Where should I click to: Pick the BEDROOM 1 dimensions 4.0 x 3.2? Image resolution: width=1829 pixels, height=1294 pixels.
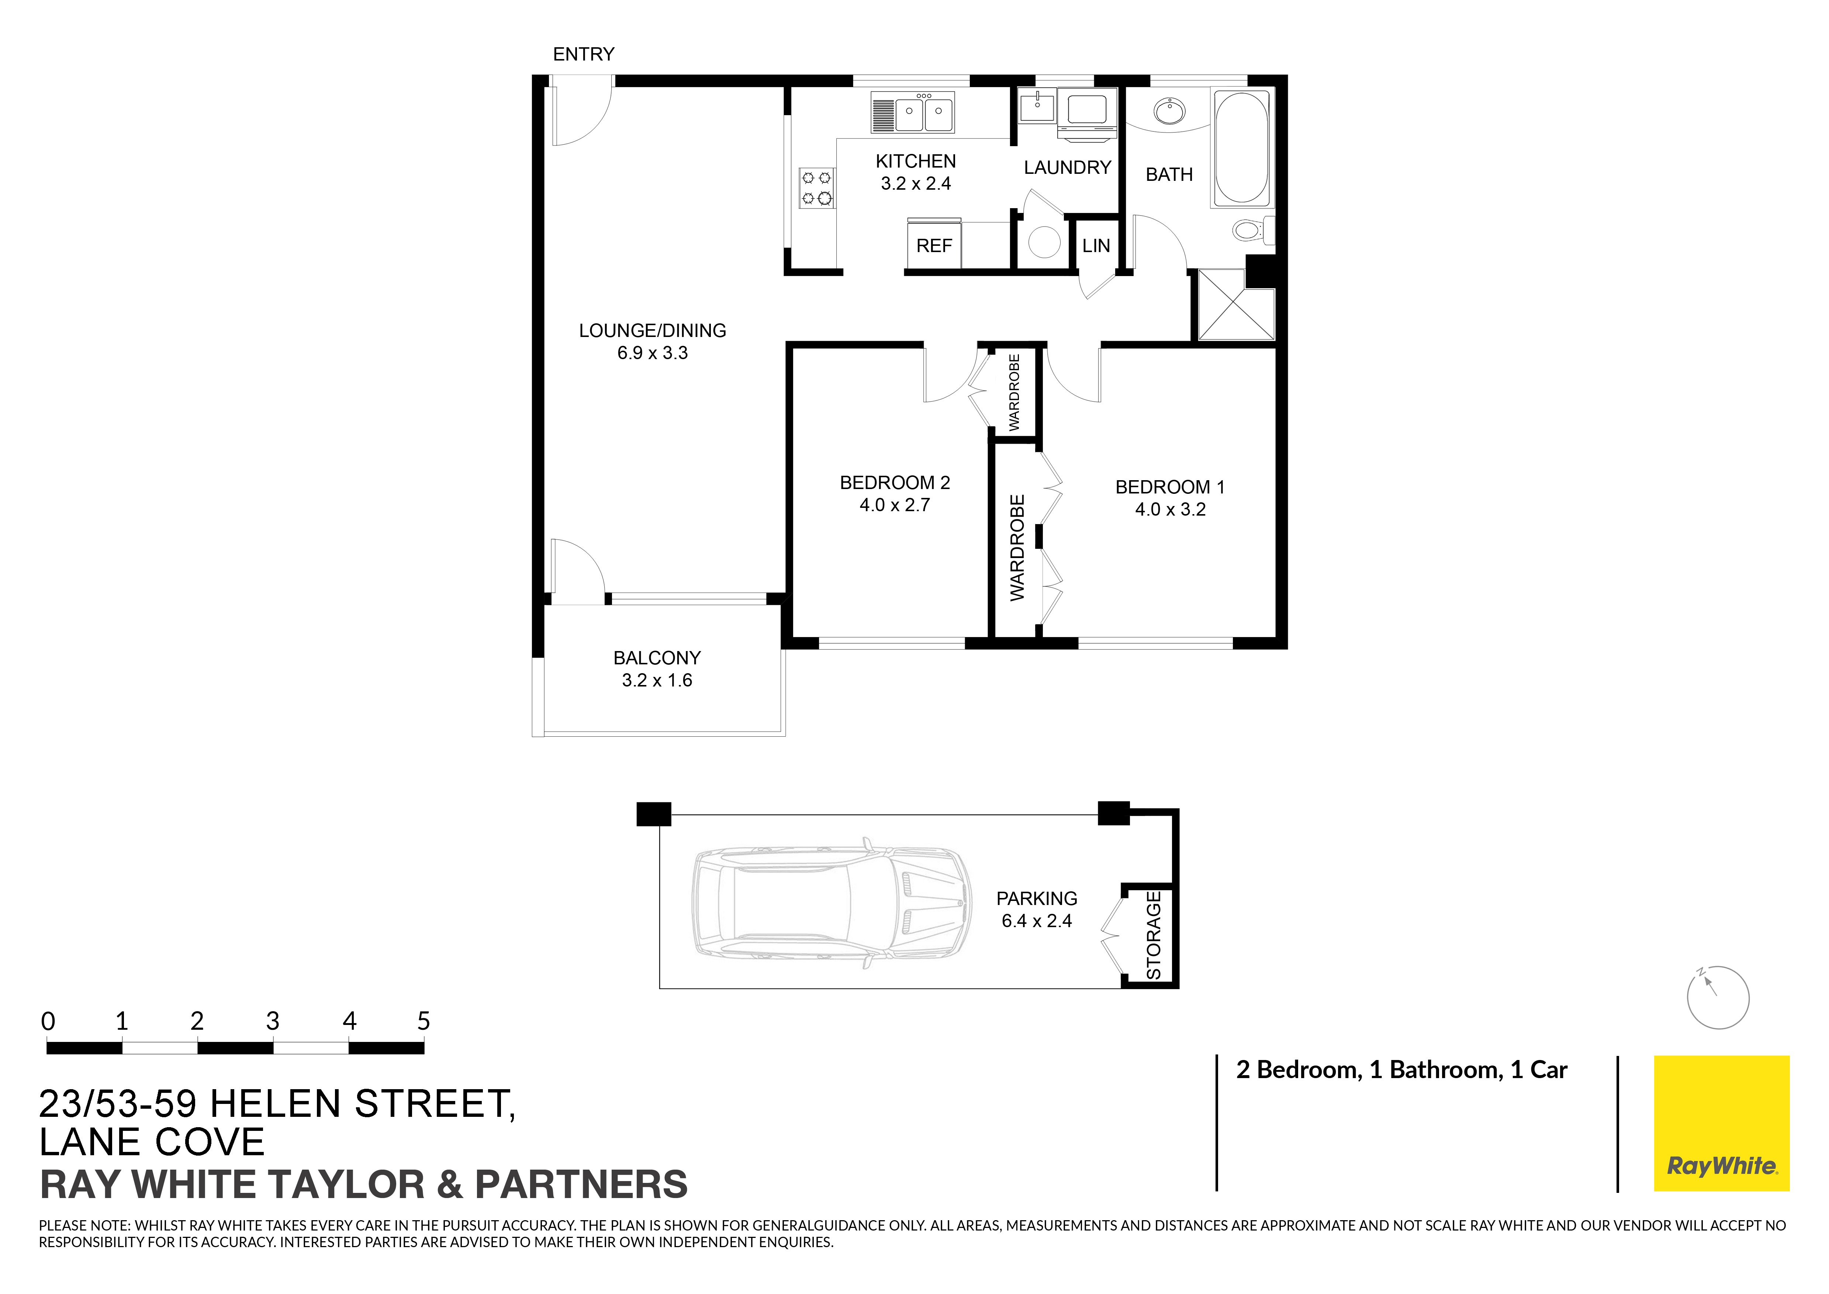pos(1170,509)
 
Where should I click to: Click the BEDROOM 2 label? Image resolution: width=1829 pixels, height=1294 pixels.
pos(895,483)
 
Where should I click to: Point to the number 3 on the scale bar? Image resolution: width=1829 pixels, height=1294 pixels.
pos(273,1021)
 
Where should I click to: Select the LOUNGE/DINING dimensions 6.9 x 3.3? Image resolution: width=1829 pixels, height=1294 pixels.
pos(653,353)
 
